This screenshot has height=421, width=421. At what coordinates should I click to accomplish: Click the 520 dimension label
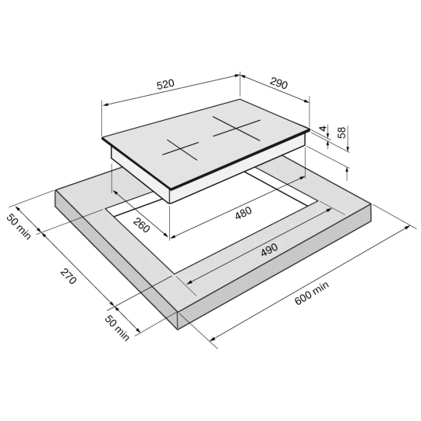[x=165, y=84]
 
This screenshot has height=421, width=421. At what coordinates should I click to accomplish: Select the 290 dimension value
[x=278, y=83]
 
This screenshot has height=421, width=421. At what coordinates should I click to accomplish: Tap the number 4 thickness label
[x=324, y=129]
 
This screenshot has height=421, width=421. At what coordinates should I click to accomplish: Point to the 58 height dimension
[x=341, y=133]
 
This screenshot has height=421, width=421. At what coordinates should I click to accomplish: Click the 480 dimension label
[x=243, y=212]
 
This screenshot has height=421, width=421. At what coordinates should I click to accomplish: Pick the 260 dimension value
[x=141, y=225]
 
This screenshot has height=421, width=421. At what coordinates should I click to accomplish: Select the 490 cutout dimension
[x=269, y=249]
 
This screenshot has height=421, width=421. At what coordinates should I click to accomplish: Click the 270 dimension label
[x=69, y=276]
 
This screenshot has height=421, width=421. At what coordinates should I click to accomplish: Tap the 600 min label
[x=311, y=293]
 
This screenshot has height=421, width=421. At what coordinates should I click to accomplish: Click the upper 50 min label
[x=18, y=226]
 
